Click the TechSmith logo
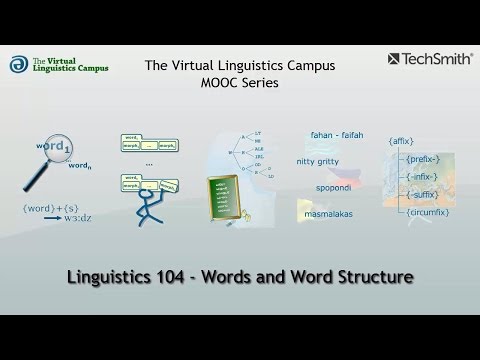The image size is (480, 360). pos(425,60)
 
